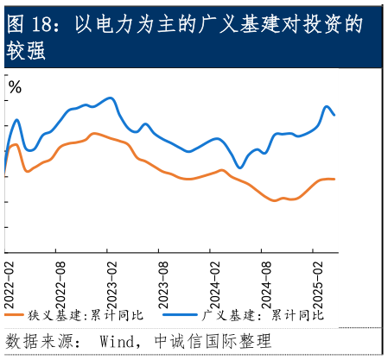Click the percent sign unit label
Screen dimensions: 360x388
pos(15,87)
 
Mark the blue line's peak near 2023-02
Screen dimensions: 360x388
pos(110,98)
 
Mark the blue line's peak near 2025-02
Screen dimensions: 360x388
pos(328,106)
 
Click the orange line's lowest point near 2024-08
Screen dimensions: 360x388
pos(275,200)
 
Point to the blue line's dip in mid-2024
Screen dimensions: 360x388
pos(239,167)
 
